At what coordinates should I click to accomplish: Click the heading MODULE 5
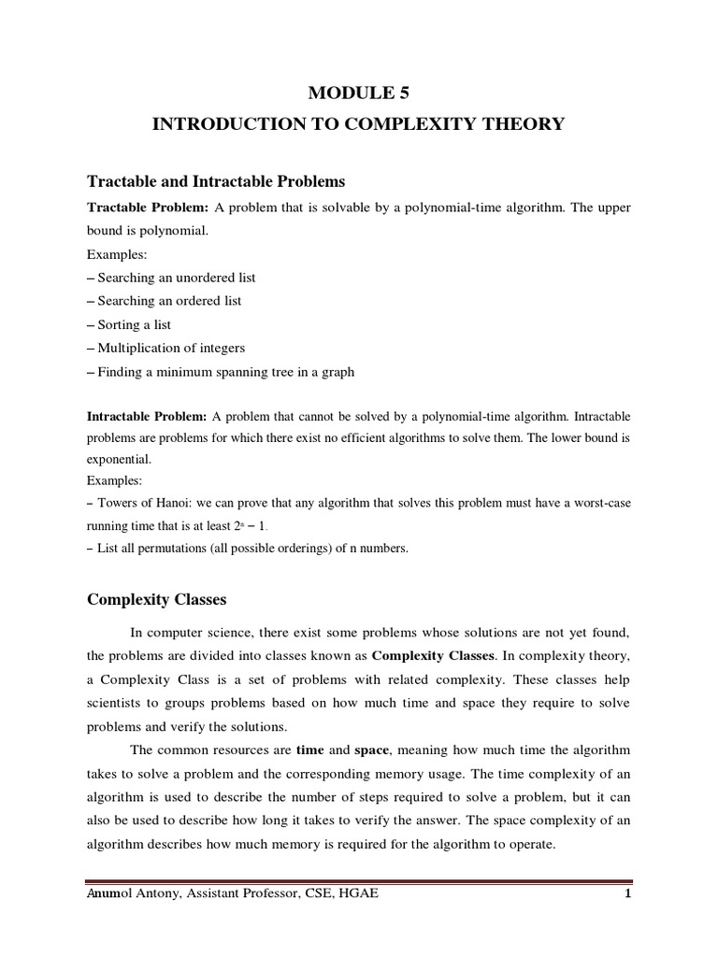[x=359, y=92]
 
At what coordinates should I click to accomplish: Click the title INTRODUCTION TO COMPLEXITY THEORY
[x=359, y=123]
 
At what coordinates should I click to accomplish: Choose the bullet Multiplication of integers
[x=165, y=348]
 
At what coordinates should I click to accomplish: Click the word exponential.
[x=118, y=460]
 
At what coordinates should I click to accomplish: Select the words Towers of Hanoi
[x=136, y=504]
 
